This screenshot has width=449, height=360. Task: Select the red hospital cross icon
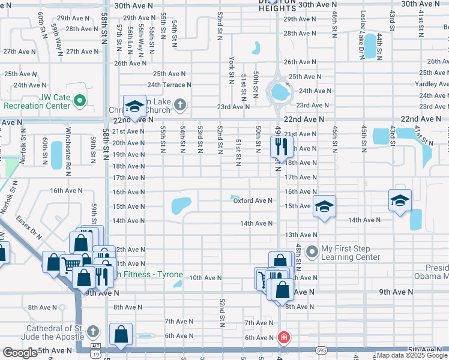283,338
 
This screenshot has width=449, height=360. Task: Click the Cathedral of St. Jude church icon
92,331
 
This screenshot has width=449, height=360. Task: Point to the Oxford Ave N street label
253,201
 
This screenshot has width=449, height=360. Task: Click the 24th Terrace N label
169,85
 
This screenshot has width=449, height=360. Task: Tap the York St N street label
231,71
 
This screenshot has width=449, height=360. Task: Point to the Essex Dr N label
29,227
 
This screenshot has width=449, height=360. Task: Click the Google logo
20,353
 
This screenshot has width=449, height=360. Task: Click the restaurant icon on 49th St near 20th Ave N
281,145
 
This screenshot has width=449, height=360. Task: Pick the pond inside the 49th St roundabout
279,92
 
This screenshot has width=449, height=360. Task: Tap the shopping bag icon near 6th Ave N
121,334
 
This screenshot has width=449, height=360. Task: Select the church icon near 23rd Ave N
178,106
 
